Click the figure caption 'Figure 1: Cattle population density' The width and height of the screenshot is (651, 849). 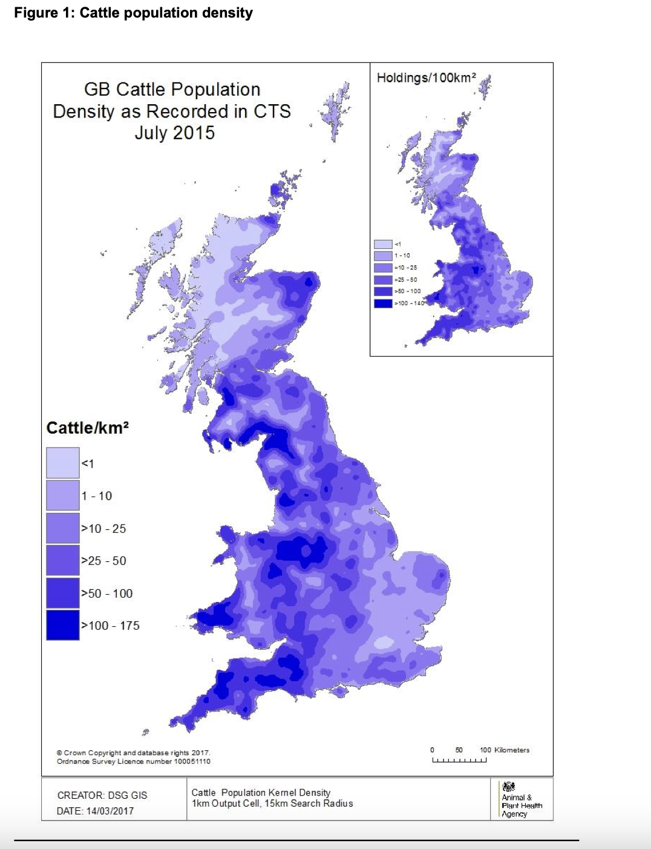click(133, 13)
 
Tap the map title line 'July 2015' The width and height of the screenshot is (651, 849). click(174, 133)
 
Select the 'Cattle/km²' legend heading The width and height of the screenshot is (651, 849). click(88, 428)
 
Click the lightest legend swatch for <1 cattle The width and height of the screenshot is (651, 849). click(63, 463)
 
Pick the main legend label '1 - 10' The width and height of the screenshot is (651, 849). click(97, 496)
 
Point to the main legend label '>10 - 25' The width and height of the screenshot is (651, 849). click(103, 529)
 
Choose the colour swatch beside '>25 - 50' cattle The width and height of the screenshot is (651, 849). click(63, 561)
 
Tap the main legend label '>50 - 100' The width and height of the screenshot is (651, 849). click(107, 593)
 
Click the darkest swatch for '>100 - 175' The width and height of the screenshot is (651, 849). click(63, 626)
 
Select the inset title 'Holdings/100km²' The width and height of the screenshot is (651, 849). click(427, 78)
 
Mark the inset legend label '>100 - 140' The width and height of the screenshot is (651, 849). click(410, 303)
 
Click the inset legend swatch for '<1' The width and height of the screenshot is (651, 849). click(383, 244)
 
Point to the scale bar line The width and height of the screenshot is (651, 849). click(459, 761)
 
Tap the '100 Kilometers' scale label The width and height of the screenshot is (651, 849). click(505, 750)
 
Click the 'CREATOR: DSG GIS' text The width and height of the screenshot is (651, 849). click(102, 795)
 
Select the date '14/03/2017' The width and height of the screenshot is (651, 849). click(110, 811)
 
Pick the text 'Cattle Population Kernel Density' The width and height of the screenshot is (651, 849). click(261, 793)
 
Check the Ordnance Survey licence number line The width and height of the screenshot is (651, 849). click(134, 761)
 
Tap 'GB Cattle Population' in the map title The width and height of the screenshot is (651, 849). click(172, 90)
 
